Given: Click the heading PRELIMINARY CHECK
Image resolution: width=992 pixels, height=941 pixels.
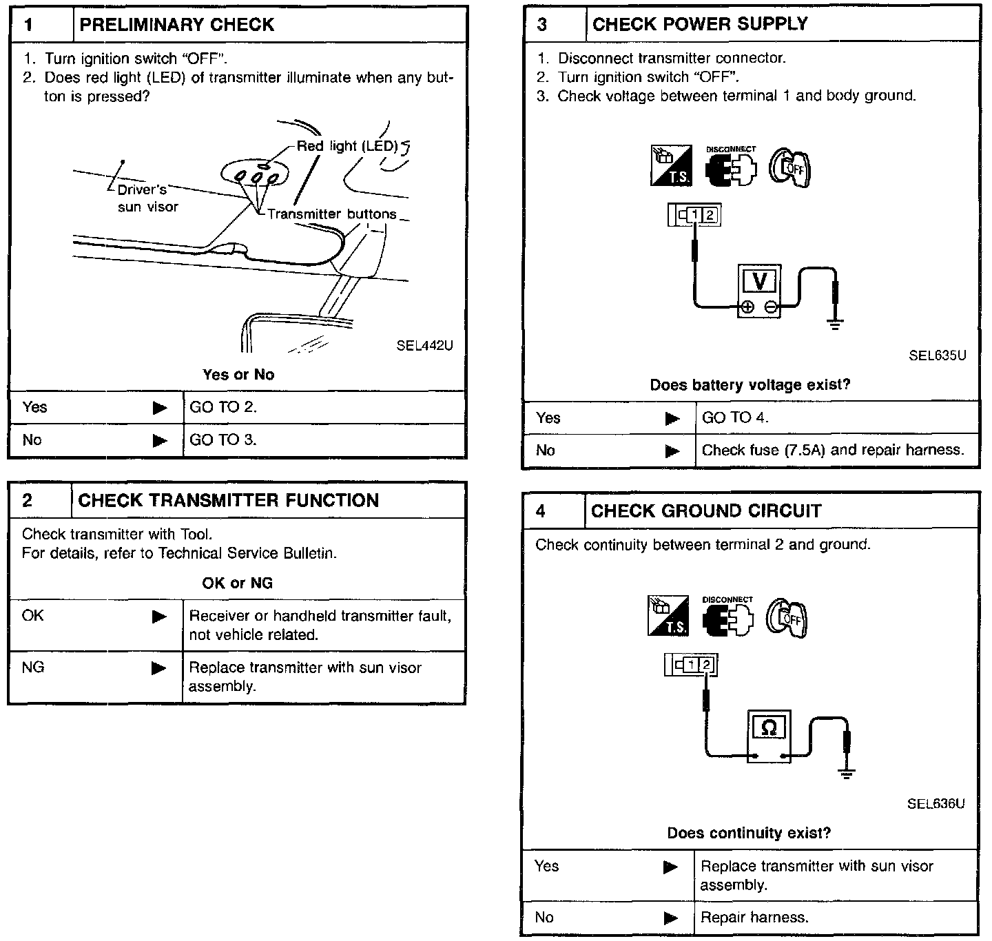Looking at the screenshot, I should click(x=177, y=25).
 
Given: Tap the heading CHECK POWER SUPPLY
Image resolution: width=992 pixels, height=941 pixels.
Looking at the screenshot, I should click(x=699, y=24).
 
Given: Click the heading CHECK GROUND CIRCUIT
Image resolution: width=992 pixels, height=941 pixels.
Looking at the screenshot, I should click(x=706, y=510).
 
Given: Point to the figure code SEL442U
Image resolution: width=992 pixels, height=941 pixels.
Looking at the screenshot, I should click(x=424, y=346).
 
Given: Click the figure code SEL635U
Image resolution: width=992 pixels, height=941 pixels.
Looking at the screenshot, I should click(x=937, y=355).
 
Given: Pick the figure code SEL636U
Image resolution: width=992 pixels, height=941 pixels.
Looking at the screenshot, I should click(x=936, y=803).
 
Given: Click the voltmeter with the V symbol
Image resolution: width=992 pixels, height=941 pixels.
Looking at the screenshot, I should click(x=759, y=289).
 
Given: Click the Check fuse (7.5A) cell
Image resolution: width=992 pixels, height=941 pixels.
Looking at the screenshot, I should click(x=832, y=450).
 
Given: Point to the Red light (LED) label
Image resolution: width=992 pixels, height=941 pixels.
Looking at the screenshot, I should click(x=347, y=146).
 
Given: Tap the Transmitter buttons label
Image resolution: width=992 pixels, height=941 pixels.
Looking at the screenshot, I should click(x=332, y=214).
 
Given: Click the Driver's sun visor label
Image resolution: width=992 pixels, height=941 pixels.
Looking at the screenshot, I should click(x=147, y=198).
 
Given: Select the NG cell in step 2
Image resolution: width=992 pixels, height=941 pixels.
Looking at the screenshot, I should click(x=33, y=667).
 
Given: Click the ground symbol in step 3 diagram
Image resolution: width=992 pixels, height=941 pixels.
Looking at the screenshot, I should click(x=836, y=324).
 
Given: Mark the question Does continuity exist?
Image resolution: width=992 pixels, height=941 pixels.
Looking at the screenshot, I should click(x=749, y=833).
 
